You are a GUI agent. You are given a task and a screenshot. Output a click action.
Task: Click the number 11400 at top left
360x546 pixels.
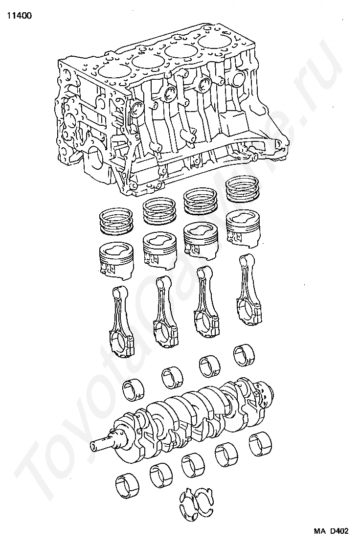tap(19, 16)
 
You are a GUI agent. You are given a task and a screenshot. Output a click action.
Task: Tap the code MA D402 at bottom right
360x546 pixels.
tap(331, 531)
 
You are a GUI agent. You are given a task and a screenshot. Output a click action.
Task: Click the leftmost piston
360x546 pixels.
tap(116, 260)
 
